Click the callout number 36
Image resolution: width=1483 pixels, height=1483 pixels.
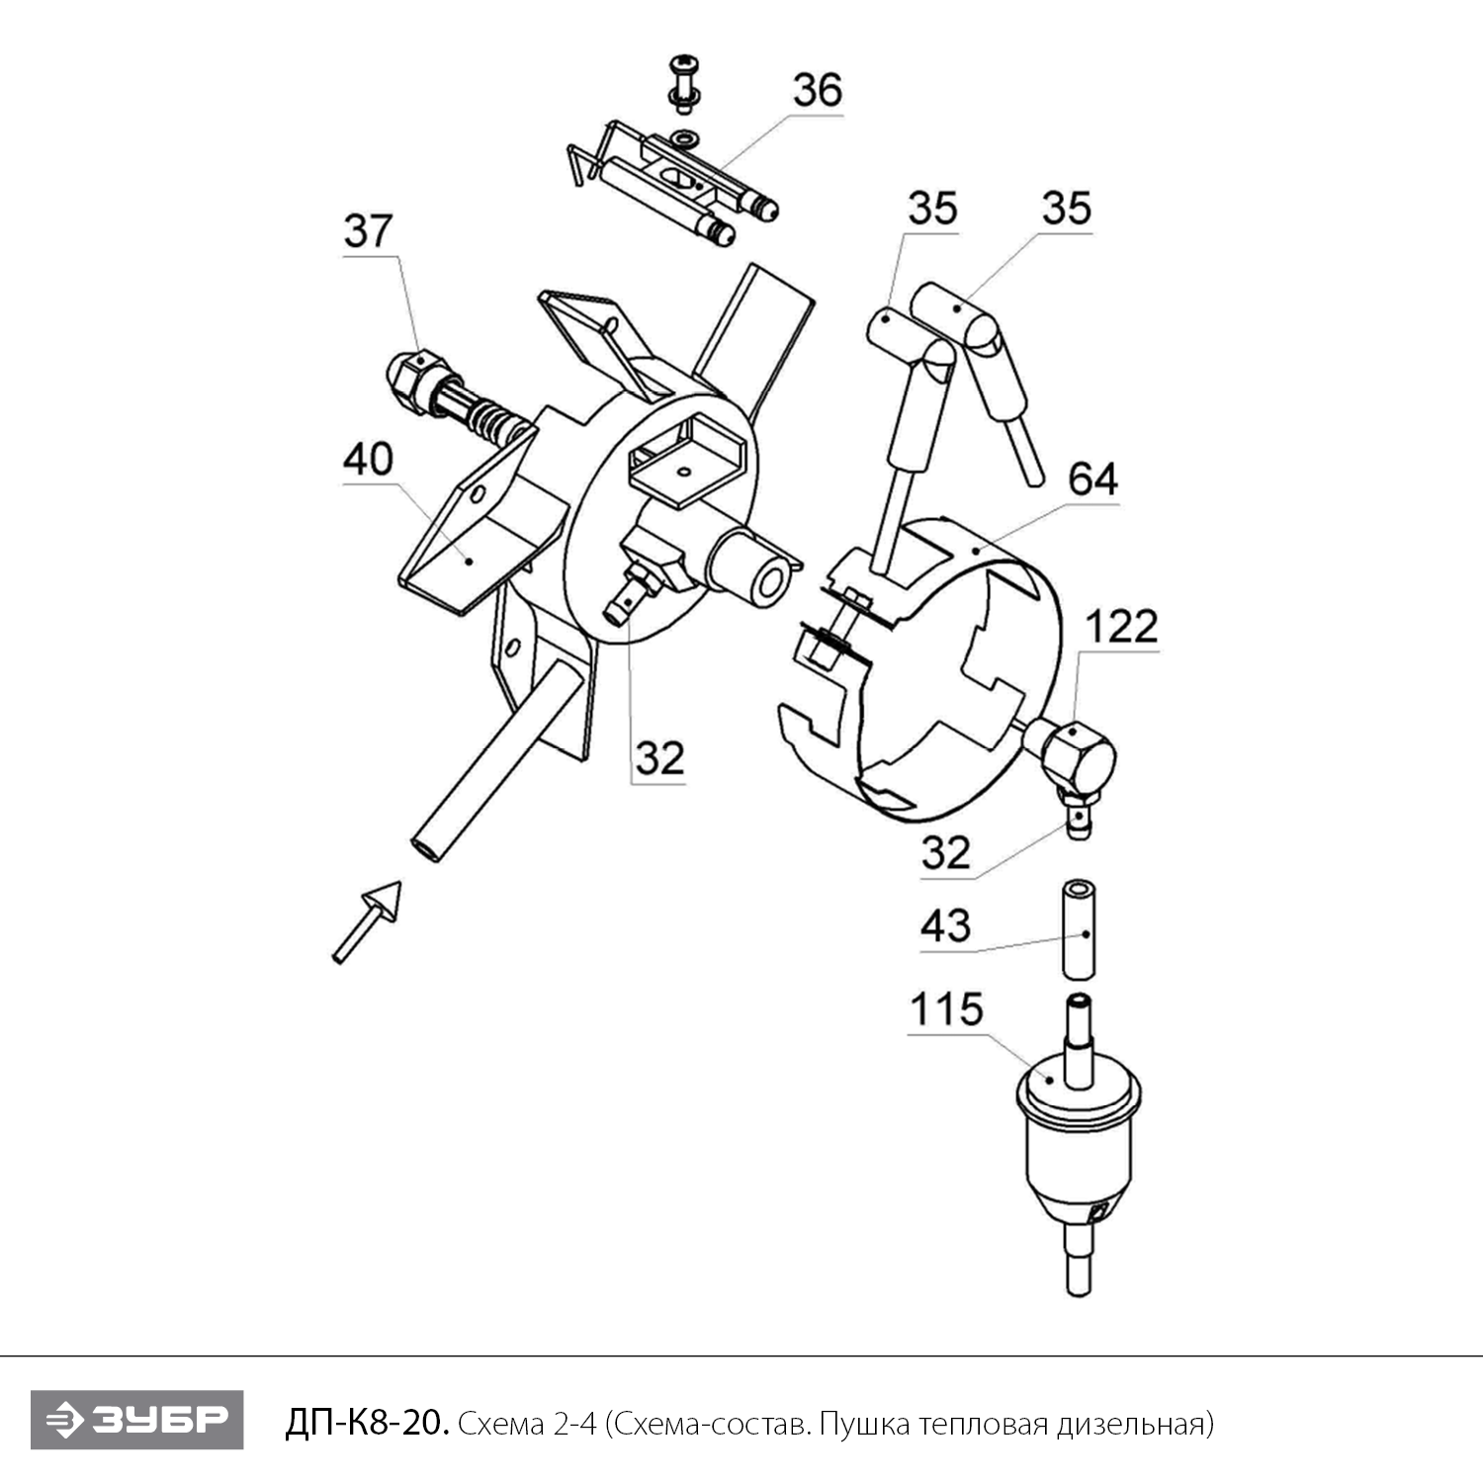(817, 90)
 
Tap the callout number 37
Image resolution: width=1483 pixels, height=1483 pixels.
(368, 231)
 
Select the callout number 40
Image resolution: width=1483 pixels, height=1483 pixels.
(368, 460)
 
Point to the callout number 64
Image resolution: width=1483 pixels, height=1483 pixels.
(1092, 480)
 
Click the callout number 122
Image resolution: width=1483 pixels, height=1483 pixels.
(1121, 627)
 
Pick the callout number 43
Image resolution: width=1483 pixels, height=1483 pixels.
(945, 926)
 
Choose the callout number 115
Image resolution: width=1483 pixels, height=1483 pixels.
(946, 1009)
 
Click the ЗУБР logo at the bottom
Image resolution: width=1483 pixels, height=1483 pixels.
(136, 1420)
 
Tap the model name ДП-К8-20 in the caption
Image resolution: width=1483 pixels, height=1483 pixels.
(367, 1423)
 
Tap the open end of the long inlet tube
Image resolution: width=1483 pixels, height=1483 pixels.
(426, 848)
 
